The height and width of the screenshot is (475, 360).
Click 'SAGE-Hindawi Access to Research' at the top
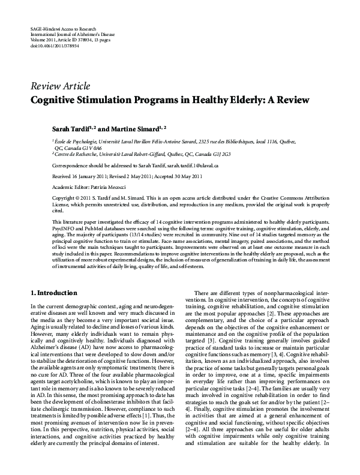66,29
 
